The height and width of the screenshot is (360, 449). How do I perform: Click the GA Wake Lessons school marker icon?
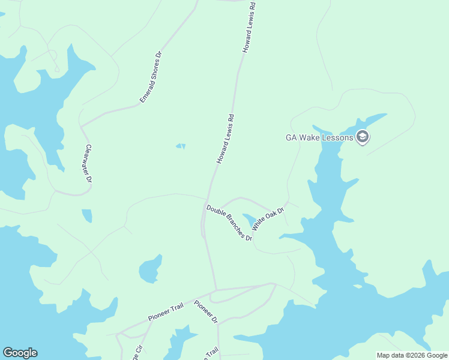362,137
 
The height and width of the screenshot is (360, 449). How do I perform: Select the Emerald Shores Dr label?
151,77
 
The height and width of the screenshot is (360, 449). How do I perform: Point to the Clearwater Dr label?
89,163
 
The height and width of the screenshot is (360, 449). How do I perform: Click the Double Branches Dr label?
229,223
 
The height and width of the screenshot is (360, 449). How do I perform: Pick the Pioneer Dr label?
206,313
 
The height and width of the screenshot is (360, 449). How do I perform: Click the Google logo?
20,353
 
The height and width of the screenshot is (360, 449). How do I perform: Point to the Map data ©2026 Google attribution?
412,355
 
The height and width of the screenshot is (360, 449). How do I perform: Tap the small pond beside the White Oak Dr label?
248,220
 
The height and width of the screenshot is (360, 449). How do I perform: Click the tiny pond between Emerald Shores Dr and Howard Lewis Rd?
181,146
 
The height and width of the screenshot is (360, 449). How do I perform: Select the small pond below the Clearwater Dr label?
87,215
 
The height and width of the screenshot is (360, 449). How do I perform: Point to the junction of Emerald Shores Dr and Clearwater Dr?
81,127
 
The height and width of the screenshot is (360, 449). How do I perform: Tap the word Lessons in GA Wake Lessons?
336,137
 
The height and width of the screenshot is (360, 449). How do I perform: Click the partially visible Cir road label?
139,351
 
